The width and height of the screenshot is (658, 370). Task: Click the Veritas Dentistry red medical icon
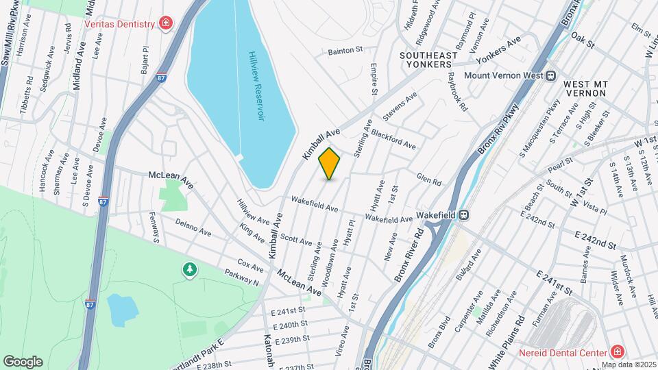pos(165,24)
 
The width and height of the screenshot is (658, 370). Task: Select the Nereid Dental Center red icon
pos(618,351)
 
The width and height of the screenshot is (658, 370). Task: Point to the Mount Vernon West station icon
pos(550,75)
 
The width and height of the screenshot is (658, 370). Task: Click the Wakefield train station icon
pos(464,214)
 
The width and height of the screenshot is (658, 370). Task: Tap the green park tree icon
pos(188,270)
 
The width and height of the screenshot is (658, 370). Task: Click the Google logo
pos(23,361)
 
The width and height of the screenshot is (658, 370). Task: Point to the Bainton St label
pos(345,50)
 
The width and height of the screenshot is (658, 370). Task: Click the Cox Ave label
pos(250,265)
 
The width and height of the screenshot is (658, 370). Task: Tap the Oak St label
pos(582,37)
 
